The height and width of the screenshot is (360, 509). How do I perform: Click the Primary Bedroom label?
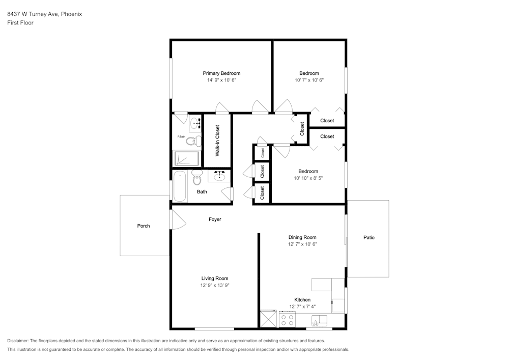(x=221, y=73)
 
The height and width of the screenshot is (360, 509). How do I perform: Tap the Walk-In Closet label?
(x=217, y=141)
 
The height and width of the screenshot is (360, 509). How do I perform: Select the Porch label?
(x=144, y=226)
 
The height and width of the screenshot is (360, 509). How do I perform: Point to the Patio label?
(x=369, y=238)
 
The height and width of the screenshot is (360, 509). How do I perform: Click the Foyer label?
(x=215, y=219)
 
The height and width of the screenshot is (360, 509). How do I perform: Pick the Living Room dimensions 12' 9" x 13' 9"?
(x=215, y=285)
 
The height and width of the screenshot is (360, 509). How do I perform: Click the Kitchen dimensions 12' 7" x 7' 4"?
(x=302, y=307)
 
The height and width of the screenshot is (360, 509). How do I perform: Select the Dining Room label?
(x=302, y=237)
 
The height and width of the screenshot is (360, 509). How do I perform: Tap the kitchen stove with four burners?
(x=287, y=319)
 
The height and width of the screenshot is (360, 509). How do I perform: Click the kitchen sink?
(x=320, y=320)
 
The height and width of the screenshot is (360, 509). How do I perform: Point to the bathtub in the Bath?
(x=180, y=187)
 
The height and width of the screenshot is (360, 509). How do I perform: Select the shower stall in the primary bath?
(x=187, y=158)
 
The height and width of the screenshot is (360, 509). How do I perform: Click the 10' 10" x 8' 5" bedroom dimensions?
(x=308, y=178)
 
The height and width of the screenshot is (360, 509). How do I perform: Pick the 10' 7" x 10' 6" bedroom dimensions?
(x=309, y=80)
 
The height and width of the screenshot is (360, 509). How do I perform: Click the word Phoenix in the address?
(x=71, y=14)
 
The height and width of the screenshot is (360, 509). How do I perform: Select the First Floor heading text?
(x=20, y=23)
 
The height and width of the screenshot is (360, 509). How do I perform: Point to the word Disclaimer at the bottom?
(x=18, y=341)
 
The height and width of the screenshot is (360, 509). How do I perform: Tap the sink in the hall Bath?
(x=219, y=176)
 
